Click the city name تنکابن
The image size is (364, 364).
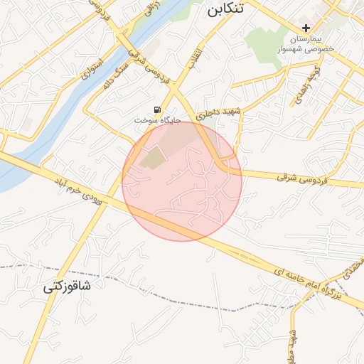[224, 9]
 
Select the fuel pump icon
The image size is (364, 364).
[156, 109]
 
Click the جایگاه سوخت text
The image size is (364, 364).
[158, 121]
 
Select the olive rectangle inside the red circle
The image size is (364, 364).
[151, 158]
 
